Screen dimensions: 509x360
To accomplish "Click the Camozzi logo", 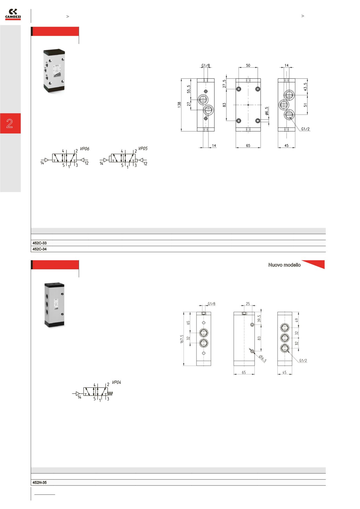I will (13, 15).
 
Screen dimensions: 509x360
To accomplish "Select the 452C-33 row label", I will (40, 243).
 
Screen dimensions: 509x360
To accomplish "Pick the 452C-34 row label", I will (40, 249).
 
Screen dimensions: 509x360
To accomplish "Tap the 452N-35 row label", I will (40, 482).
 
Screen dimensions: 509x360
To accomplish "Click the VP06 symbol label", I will (85, 149).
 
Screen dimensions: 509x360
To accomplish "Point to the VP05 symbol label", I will (143, 149).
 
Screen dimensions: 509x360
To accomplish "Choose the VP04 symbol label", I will (116, 383).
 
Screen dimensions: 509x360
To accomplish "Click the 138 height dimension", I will (179, 105).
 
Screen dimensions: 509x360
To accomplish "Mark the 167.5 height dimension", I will (181, 340).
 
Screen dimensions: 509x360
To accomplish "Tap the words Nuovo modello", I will (284, 265).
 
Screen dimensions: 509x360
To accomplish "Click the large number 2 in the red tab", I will (10, 123).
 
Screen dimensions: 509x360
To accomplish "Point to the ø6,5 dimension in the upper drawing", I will (266, 111).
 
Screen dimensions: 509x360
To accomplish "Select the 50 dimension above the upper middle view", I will (248, 65).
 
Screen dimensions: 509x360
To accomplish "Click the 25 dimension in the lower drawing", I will (248, 304).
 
